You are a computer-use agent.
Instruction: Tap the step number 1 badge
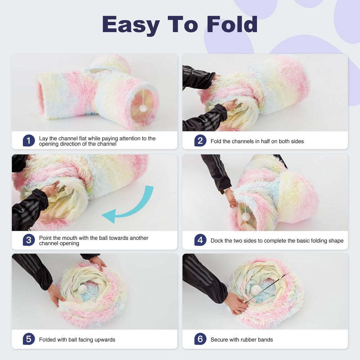(x=29, y=141)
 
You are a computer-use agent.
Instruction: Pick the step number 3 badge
(x=29, y=240)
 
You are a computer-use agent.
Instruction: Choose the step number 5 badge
(x=29, y=339)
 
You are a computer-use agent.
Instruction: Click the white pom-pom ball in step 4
(x=246, y=216)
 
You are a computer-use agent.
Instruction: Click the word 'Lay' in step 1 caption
(x=44, y=138)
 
